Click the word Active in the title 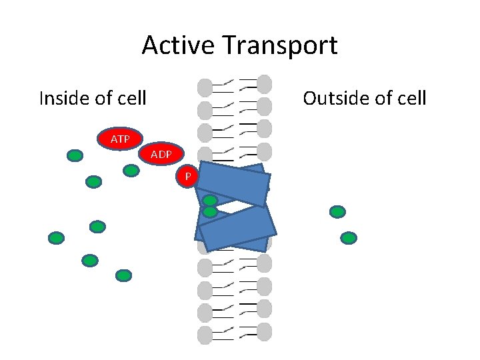pos(177,45)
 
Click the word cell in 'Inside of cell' pos(131,99)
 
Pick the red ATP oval pos(120,139)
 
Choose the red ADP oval pos(161,154)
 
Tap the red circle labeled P pos(189,176)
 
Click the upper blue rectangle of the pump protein pos(233,184)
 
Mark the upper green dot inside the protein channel pos(211,200)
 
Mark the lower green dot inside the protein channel pos(211,212)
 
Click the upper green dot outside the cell pos(337,212)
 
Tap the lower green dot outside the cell pos(349,237)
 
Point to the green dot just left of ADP pos(131,170)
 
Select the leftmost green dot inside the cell pos(57,237)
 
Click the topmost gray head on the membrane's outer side pos(265,83)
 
